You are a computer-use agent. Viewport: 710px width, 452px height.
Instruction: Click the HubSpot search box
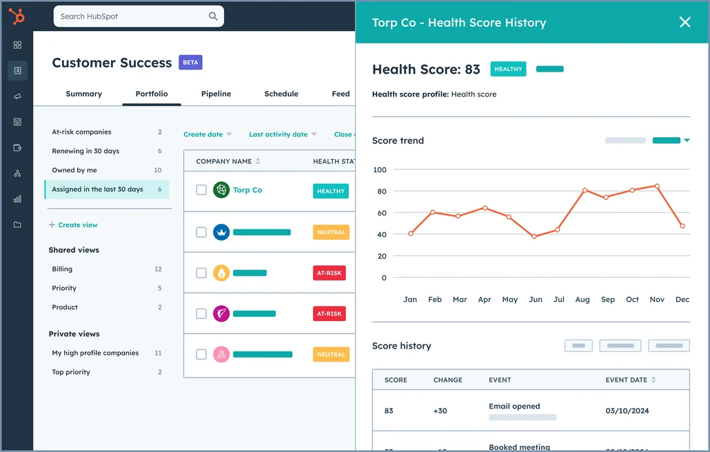pos(138,16)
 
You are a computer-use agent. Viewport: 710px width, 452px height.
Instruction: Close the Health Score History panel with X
pos(684,22)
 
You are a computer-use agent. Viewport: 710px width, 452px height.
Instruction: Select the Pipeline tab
pos(216,94)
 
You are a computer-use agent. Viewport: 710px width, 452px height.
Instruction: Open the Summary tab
pos(83,94)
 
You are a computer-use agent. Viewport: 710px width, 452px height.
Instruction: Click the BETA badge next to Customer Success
pos(190,63)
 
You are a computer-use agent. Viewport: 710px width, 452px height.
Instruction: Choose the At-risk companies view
pos(81,132)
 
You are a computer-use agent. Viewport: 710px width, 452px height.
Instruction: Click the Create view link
pos(77,225)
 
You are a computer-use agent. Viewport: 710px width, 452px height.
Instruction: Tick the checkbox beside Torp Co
pos(201,190)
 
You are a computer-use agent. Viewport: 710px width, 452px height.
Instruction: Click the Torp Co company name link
pos(247,190)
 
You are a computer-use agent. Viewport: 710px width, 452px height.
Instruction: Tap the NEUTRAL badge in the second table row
pos(331,232)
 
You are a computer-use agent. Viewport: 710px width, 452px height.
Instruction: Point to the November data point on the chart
pos(657,186)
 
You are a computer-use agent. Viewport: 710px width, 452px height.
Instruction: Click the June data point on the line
pos(534,236)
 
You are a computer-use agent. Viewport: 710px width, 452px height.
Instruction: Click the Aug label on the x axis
pos(582,300)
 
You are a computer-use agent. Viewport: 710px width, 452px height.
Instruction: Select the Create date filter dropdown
pos(207,134)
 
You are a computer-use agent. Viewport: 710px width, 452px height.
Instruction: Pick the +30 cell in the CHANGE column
pos(440,411)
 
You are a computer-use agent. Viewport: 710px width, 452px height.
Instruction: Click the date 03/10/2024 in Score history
pos(627,411)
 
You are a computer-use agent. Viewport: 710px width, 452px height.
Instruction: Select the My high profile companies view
pos(95,353)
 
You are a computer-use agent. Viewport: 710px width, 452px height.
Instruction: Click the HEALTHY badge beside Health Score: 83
pos(508,69)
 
